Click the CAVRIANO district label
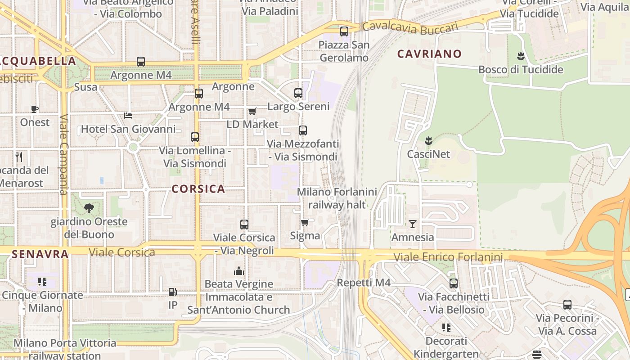[x=429, y=54]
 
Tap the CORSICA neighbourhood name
[x=198, y=189]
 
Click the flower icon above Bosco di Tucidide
[x=521, y=56]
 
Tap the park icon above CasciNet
[x=428, y=141]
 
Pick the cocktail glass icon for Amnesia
[x=412, y=224]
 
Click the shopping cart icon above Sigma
[x=305, y=222]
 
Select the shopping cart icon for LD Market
[x=252, y=111]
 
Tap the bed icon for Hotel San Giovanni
[x=128, y=116]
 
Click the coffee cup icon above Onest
[x=35, y=109]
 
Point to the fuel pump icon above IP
[x=172, y=292]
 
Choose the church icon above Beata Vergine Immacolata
[x=238, y=271]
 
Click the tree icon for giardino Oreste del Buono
[x=89, y=208]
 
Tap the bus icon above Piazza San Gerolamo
[x=344, y=31]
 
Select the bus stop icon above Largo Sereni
[x=298, y=93]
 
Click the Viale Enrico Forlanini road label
[x=448, y=257]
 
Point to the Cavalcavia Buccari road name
[x=410, y=28]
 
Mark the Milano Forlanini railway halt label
[x=337, y=198]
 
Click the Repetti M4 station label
[x=364, y=283]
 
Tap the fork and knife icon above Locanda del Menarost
[x=19, y=157]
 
